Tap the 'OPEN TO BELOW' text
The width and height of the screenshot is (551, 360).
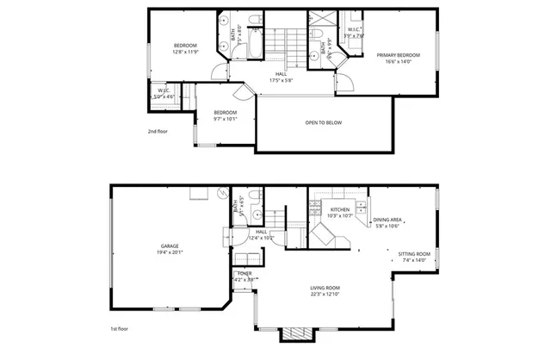click(x=323, y=123)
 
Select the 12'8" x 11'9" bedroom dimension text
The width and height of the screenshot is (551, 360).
click(x=186, y=52)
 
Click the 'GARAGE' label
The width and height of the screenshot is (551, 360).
click(x=169, y=245)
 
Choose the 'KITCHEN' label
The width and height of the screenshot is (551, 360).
click(x=340, y=209)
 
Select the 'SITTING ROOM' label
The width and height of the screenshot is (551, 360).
click(x=413, y=254)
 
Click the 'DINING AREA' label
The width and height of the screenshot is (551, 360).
click(x=387, y=220)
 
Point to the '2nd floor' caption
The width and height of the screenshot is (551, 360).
click(x=157, y=132)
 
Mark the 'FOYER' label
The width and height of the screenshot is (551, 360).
click(x=244, y=273)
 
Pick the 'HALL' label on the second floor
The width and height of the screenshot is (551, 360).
click(x=281, y=74)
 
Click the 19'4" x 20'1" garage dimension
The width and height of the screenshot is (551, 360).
click(x=169, y=252)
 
